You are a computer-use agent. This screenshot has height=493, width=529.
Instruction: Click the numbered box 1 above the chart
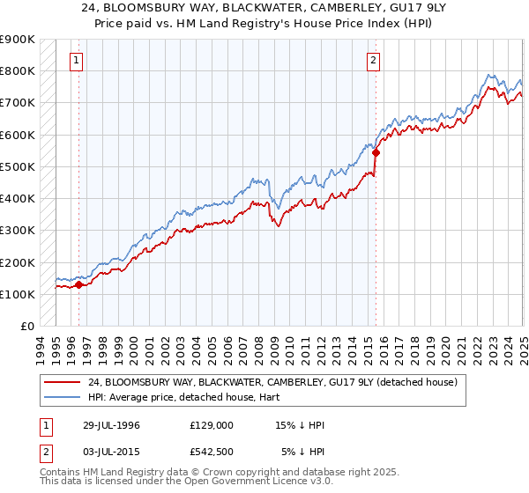78,61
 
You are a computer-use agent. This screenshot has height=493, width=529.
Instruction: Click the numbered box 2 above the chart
374,61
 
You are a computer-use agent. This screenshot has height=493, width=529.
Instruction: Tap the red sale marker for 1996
78,284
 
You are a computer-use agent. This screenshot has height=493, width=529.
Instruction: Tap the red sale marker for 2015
376,152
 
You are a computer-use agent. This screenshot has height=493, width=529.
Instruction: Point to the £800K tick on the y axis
18,70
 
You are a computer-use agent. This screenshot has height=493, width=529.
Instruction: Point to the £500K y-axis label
18,166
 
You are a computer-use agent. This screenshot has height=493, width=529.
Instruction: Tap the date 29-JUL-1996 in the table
107,425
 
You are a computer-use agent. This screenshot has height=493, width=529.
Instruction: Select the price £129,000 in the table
212,425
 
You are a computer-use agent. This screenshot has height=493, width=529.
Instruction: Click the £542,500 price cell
212,453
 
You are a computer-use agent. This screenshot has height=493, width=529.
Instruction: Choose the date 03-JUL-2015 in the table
107,453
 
